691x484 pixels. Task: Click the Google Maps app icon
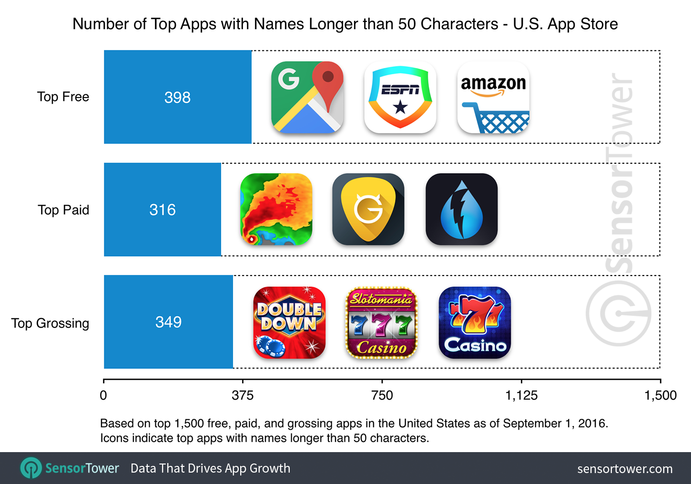pos(307,97)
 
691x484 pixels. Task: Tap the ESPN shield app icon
pos(400,97)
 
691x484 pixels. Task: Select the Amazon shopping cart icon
pos(493,97)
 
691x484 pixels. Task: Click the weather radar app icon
pos(276,209)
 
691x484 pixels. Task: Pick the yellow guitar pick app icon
pos(368,209)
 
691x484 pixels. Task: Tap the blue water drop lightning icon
pos(461,209)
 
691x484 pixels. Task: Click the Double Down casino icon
pos(289,323)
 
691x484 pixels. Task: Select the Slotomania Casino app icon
pos(381,323)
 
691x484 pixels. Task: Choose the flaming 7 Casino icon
pos(475,323)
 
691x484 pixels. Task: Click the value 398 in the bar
pos(177,98)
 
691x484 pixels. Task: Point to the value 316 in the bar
pos(163,210)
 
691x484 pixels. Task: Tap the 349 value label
pos(168,322)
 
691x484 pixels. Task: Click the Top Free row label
pos(63,97)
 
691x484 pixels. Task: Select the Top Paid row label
pos(63,210)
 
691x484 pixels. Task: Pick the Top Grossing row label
pos(51,323)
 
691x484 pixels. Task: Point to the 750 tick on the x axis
pos(382,395)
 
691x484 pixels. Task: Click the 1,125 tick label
pos(521,395)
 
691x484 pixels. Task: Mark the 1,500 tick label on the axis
pos(661,395)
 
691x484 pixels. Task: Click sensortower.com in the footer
pos(625,469)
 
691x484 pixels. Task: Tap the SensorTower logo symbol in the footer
pos(31,468)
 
